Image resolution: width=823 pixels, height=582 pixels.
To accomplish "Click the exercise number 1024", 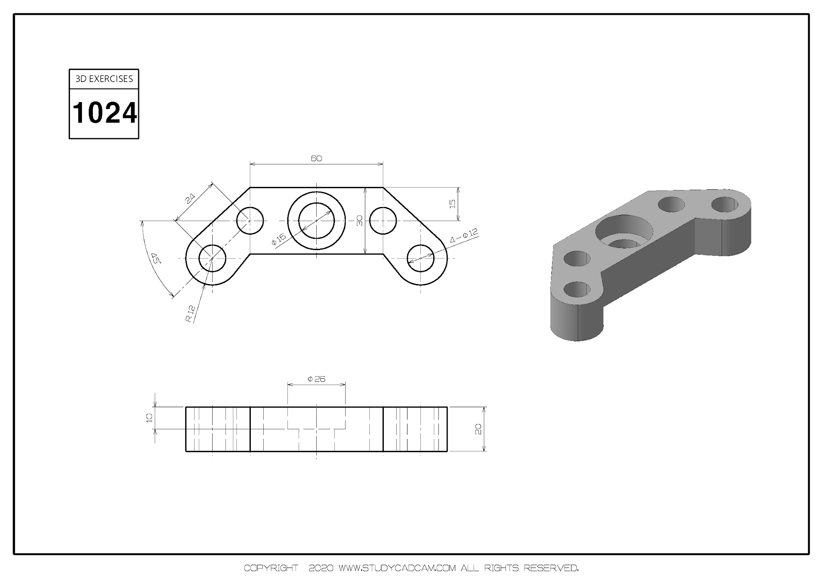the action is point(104,113).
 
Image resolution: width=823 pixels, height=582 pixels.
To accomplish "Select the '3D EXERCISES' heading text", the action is point(104,79).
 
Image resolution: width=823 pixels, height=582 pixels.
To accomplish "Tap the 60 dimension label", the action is point(316,158).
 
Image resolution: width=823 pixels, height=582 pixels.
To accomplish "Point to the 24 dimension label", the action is point(190,198).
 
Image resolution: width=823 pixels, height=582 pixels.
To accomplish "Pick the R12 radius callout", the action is point(190,314).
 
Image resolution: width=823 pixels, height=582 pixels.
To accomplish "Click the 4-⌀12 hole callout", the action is point(464,236).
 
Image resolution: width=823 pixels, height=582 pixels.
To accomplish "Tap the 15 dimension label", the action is point(452,204).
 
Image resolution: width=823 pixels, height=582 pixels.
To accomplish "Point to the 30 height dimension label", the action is point(360,220).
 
